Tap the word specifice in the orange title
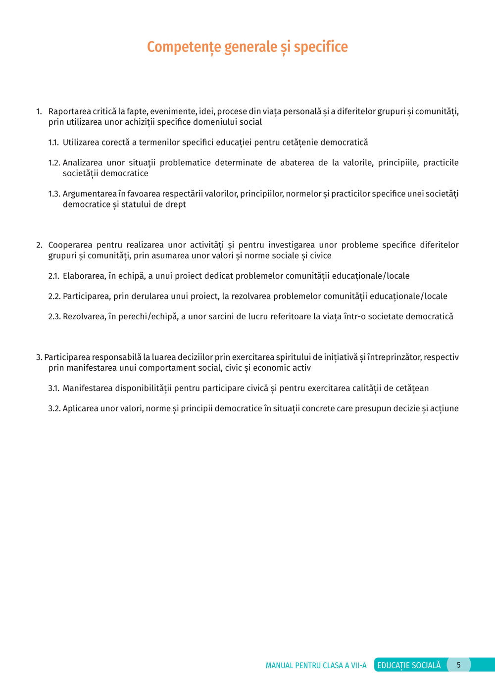[321, 47]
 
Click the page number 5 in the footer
[458, 665]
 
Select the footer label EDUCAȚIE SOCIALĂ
[409, 665]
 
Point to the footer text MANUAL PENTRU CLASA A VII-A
[316, 665]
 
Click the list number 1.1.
[53, 143]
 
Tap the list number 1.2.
[54, 163]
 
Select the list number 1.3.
[54, 194]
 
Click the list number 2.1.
[53, 276]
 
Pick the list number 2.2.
[54, 296]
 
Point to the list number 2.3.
[54, 317]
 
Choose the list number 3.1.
[53, 389]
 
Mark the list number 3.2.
[54, 409]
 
